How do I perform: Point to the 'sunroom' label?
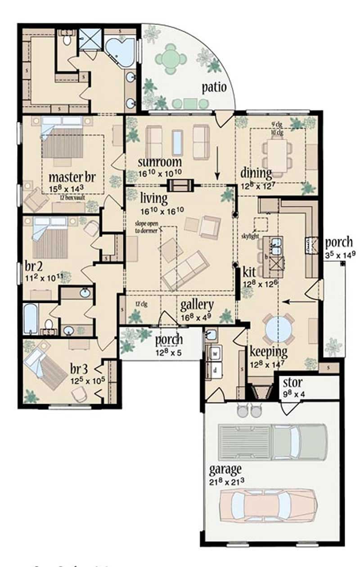point(160,162)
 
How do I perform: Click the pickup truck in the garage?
point(273,442)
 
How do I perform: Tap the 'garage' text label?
point(225,469)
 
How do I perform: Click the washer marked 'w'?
point(215,354)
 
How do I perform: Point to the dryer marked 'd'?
point(215,369)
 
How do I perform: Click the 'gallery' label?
point(197,305)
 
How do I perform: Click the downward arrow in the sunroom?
point(218,167)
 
